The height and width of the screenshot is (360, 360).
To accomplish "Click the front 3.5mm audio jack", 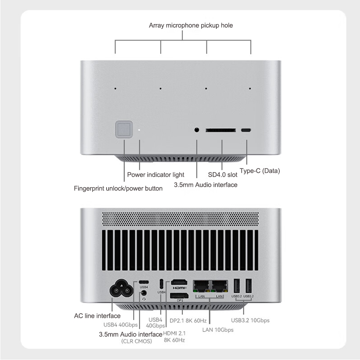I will click(x=197, y=130).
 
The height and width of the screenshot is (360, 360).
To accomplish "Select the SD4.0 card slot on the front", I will click(x=221, y=130).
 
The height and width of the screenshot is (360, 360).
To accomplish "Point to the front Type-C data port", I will click(x=246, y=130).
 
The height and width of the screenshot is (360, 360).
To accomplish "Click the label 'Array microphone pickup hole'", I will click(x=191, y=26).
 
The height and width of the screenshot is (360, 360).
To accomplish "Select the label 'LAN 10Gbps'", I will click(x=217, y=330).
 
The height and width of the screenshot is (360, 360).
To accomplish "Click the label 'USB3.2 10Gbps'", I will click(x=250, y=320).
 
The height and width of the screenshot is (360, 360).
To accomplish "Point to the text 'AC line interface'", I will click(x=97, y=316).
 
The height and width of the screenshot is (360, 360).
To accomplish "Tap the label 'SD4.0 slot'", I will click(x=223, y=175).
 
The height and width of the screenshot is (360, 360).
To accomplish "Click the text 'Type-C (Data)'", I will click(x=260, y=171).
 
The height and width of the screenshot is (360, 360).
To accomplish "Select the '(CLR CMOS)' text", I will click(x=136, y=341).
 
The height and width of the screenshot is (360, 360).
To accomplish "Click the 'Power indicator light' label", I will click(x=156, y=175).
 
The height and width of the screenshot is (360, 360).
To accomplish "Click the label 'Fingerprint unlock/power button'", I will click(x=118, y=188).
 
